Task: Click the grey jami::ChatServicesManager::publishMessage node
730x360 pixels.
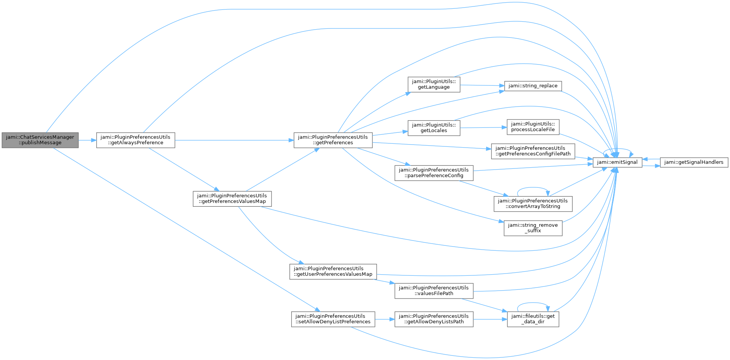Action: pyautogui.click(x=40, y=140)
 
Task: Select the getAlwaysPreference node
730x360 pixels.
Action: pyautogui.click(x=135, y=140)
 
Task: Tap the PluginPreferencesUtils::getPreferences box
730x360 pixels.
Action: pyautogui.click(x=333, y=140)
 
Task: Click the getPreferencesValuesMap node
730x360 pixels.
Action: pyautogui.click(x=232, y=198)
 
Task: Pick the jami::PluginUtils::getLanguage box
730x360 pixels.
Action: pyautogui.click(x=433, y=84)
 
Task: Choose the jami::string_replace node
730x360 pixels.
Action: pyautogui.click(x=532, y=86)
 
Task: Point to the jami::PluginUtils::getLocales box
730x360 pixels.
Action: pyautogui.click(x=433, y=128)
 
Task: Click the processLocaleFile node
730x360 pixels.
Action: pyautogui.click(x=532, y=127)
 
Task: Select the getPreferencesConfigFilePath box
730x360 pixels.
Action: pyautogui.click(x=532, y=151)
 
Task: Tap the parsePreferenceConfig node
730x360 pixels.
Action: pyautogui.click(x=433, y=173)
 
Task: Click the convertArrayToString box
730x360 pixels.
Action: pyautogui.click(x=532, y=204)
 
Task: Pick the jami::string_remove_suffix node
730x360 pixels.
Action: pyautogui.click(x=532, y=228)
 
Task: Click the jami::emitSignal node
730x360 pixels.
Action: pyautogui.click(x=617, y=162)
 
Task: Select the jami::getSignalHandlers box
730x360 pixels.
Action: pyautogui.click(x=694, y=162)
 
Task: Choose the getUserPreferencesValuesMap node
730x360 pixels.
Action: pyautogui.click(x=333, y=271)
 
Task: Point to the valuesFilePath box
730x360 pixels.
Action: pyautogui.click(x=433, y=291)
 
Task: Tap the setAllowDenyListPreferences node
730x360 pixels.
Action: pyautogui.click(x=333, y=319)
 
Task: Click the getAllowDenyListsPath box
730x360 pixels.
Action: pyautogui.click(x=433, y=319)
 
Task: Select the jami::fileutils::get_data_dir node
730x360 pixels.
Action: pyautogui.click(x=532, y=319)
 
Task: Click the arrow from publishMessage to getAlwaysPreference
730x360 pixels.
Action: pyautogui.click(x=87, y=140)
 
